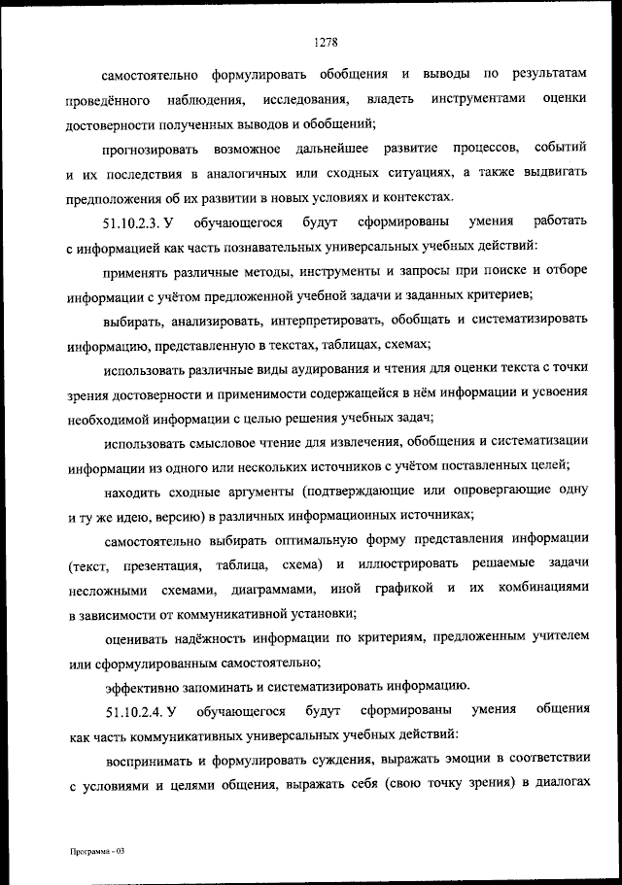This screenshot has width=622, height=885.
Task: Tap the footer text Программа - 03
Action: point(98,850)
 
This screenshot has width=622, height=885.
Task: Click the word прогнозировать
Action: point(151,148)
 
